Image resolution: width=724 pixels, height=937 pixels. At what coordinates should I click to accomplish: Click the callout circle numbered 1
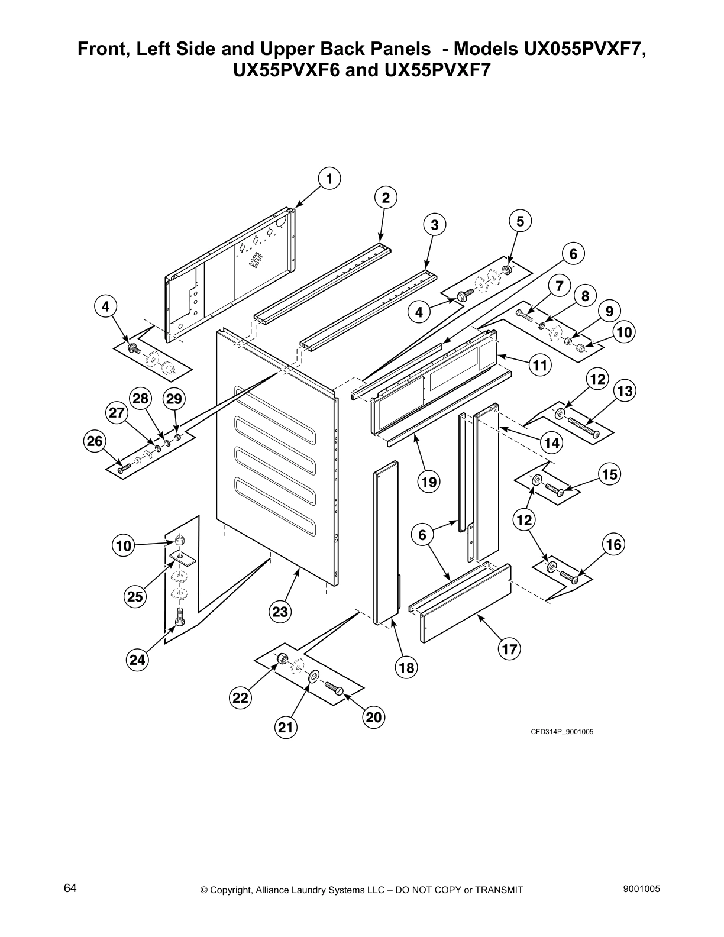[329, 178]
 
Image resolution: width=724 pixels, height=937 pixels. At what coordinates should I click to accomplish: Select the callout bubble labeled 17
[509, 650]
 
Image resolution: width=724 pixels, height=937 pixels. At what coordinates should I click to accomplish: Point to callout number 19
[429, 482]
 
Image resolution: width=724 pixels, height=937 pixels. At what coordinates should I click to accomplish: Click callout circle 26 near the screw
[94, 441]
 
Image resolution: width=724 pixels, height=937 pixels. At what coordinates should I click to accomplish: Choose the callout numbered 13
[625, 390]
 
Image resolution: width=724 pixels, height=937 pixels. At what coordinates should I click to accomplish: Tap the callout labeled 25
[135, 597]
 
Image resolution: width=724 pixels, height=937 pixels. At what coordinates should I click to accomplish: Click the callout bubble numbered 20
[374, 718]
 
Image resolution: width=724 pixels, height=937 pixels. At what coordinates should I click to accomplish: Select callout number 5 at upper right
[520, 221]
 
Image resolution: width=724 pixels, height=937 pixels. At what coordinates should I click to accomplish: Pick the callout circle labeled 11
[539, 366]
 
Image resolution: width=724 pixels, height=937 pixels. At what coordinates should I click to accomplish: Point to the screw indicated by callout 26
[122, 469]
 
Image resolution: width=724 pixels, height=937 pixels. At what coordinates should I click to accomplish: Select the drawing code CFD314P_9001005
[561, 732]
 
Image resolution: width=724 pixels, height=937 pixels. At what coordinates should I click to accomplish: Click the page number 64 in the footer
[70, 888]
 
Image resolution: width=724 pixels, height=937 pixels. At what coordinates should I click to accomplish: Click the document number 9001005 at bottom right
[641, 889]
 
